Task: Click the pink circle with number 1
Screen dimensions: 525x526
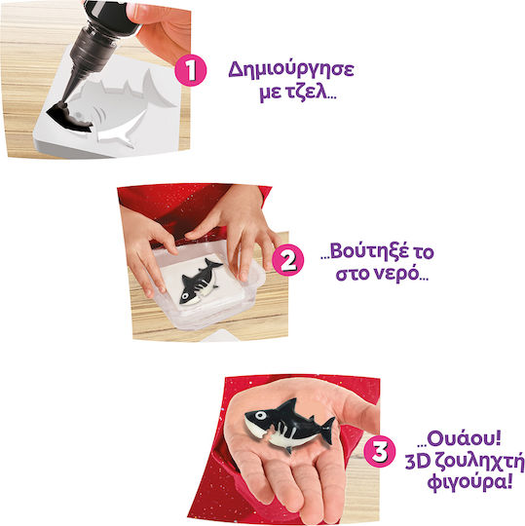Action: point(191,70)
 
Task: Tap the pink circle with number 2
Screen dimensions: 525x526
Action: point(288,260)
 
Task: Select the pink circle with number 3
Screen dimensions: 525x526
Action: point(380,451)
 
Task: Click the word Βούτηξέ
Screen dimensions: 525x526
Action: point(369,252)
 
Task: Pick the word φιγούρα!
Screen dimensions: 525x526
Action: point(469,482)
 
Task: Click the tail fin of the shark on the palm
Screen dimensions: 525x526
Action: point(326,431)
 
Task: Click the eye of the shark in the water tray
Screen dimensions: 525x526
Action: point(184,296)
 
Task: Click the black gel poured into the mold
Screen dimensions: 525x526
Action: point(69,119)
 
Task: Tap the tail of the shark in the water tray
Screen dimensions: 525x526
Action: point(213,264)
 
